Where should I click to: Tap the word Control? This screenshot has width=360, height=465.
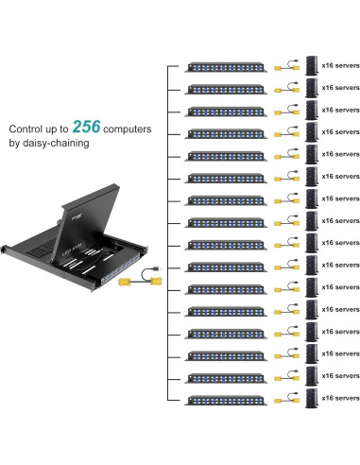(29, 129)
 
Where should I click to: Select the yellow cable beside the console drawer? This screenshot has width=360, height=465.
(143, 280)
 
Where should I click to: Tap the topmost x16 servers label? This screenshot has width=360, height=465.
(339, 65)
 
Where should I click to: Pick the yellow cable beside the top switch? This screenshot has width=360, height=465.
(282, 69)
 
